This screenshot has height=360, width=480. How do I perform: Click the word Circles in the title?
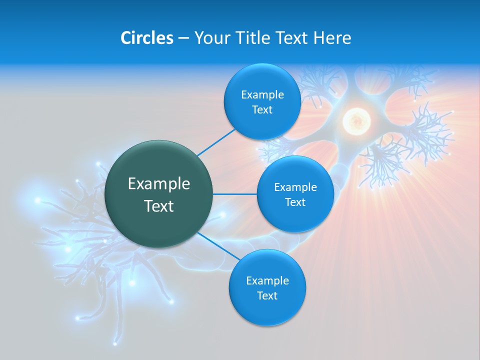146,37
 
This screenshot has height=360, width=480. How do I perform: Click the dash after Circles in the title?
183,38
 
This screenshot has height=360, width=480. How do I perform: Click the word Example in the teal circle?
159,184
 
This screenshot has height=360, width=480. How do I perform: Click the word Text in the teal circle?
159,206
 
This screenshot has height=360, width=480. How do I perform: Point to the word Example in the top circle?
262,95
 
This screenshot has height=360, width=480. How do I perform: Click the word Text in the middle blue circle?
295,202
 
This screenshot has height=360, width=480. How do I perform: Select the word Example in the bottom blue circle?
267,280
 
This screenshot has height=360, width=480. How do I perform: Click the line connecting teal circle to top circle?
216,142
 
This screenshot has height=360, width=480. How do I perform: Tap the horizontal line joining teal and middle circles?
235,194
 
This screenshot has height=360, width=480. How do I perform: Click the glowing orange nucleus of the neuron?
356,120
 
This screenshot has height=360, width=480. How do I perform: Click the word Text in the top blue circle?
262,110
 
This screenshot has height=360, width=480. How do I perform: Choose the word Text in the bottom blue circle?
267,295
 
